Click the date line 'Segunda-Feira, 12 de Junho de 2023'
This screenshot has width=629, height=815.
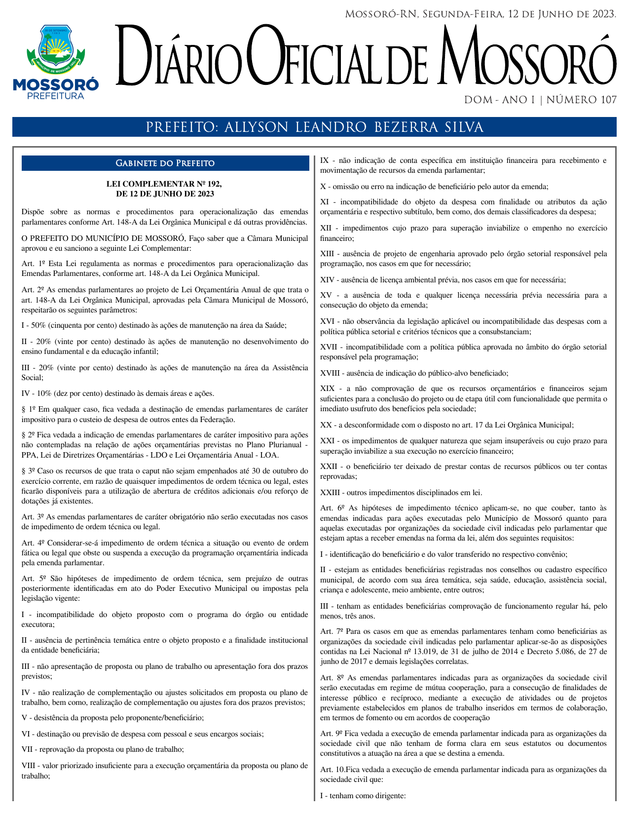(x=518, y=14)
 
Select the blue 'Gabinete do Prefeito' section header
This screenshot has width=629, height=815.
(x=165, y=163)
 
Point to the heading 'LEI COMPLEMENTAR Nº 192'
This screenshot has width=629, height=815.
(x=164, y=184)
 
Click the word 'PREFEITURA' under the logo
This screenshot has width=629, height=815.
(x=55, y=96)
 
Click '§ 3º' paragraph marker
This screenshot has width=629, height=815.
(x=28, y=471)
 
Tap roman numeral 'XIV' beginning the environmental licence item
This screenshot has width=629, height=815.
(x=328, y=280)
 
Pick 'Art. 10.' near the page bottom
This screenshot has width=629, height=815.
(x=333, y=770)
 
